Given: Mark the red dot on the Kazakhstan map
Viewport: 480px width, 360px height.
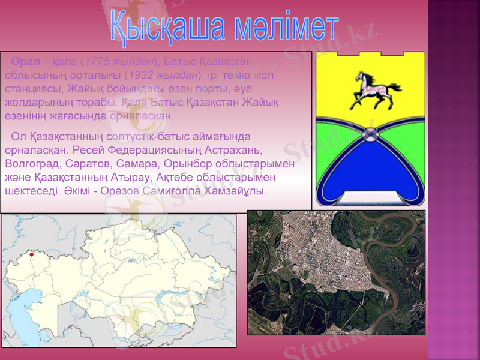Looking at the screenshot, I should (31, 254).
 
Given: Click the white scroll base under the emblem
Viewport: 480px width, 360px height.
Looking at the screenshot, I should (372, 198).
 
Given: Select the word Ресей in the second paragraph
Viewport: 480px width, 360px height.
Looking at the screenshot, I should (92, 149).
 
